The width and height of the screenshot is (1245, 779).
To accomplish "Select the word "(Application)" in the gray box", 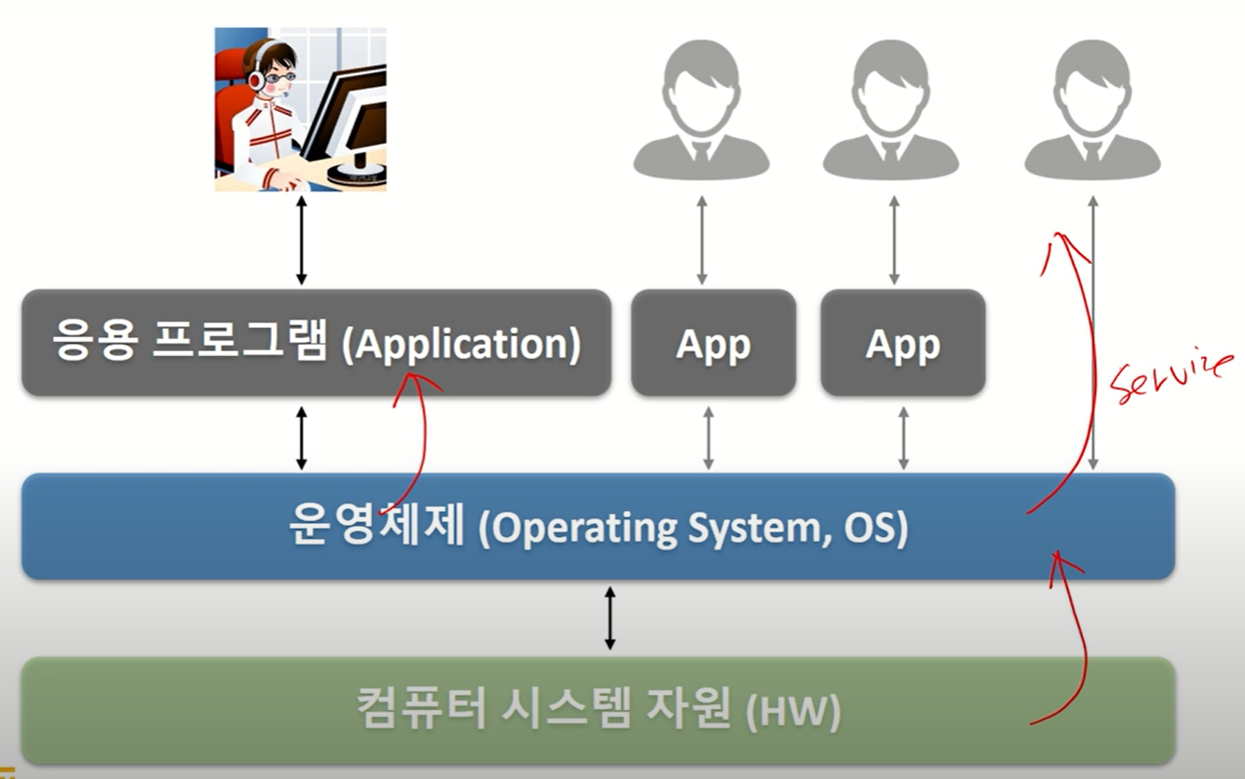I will [x=461, y=345].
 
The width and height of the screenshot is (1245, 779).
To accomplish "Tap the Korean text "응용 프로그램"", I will [x=191, y=343].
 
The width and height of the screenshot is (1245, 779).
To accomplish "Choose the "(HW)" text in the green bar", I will [x=794, y=712].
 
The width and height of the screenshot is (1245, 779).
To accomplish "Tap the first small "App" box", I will [x=713, y=344].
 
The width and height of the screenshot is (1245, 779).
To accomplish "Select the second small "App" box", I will [x=903, y=344].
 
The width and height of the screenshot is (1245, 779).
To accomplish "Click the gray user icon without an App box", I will [x=1092, y=112].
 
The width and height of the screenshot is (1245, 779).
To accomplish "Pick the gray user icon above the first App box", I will [x=701, y=112].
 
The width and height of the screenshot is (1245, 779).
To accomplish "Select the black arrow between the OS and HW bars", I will [x=609, y=617].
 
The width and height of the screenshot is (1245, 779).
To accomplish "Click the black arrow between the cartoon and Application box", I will [x=301, y=240].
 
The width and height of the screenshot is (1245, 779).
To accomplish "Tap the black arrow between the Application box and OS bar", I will [x=301, y=437].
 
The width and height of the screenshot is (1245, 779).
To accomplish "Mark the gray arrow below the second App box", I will [x=903, y=437].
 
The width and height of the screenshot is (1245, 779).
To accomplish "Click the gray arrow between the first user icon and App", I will [x=702, y=240].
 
